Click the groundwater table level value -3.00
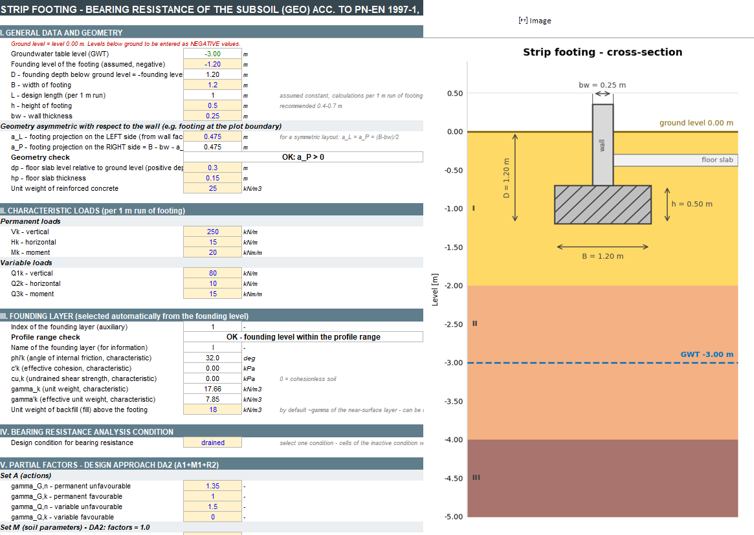212,54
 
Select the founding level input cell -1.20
212,65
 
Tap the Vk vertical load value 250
212,232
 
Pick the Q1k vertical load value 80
212,273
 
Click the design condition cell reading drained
212,442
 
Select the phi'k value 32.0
212,358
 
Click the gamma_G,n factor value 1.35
212,486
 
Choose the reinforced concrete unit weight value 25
212,188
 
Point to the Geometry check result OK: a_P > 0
303,157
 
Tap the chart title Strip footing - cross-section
603,52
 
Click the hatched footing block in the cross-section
603,205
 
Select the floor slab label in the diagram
717,160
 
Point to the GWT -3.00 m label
707,355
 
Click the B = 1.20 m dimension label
603,256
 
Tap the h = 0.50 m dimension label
692,204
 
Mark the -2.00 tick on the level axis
454,285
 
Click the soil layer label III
476,477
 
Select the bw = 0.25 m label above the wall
602,85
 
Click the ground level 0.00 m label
696,123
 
